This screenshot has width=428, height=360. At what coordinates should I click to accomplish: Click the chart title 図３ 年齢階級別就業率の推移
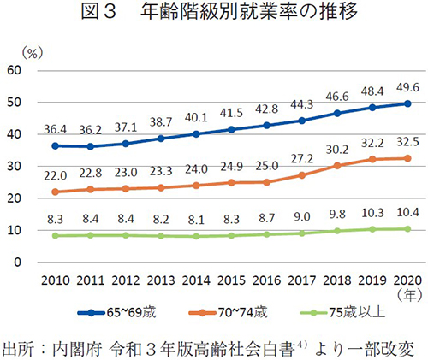[214, 15]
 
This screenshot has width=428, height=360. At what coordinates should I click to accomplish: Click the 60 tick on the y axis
[14, 70]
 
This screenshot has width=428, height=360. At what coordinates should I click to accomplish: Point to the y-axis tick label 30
[14, 170]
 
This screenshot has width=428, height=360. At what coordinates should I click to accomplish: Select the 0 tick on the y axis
[17, 239]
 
